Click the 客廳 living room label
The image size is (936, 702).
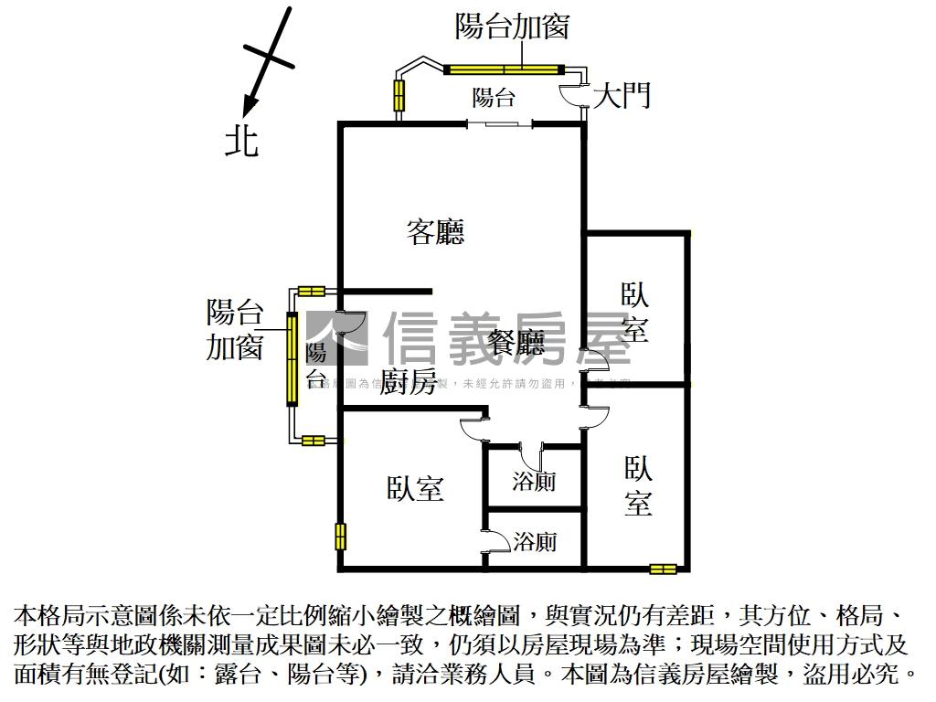click(x=435, y=232)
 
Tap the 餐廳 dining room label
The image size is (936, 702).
click(x=516, y=343)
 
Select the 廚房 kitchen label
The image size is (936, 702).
click(x=407, y=382)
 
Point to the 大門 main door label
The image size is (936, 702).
click(x=622, y=95)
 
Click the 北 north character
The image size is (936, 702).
click(x=242, y=142)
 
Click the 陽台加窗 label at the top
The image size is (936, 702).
click(x=512, y=26)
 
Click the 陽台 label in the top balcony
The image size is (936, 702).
click(x=494, y=97)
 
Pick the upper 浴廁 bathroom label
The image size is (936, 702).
click(x=534, y=481)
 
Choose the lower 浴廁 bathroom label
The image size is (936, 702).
click(x=535, y=542)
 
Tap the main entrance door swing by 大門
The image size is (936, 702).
click(x=574, y=94)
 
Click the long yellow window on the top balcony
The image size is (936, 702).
click(x=503, y=69)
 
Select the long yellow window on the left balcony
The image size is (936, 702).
click(x=292, y=359)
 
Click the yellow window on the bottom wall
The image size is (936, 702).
click(x=663, y=569)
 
